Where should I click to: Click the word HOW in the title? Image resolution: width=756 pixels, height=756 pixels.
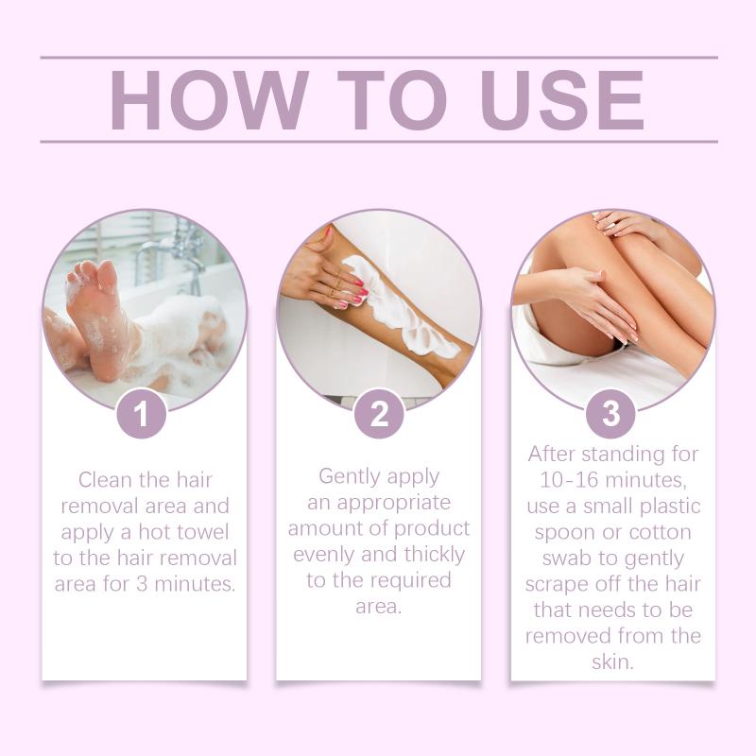tap(209, 100)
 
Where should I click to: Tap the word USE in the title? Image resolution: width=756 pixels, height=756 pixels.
tap(561, 100)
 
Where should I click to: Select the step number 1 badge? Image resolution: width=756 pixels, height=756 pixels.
tap(141, 414)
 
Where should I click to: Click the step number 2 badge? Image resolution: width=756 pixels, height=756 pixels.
tap(379, 414)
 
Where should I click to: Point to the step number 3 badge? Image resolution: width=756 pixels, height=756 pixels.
tap(610, 414)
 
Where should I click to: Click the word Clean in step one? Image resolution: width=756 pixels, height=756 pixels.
tap(105, 480)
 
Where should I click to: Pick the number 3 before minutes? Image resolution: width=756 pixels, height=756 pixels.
tap(142, 584)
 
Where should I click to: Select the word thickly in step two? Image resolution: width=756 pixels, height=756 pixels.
tap(435, 556)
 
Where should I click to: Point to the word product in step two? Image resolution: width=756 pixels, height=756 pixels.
tap(436, 529)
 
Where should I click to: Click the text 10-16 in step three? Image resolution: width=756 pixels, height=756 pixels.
tap(569, 480)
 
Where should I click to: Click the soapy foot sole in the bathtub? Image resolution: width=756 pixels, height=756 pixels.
tap(96, 318)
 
